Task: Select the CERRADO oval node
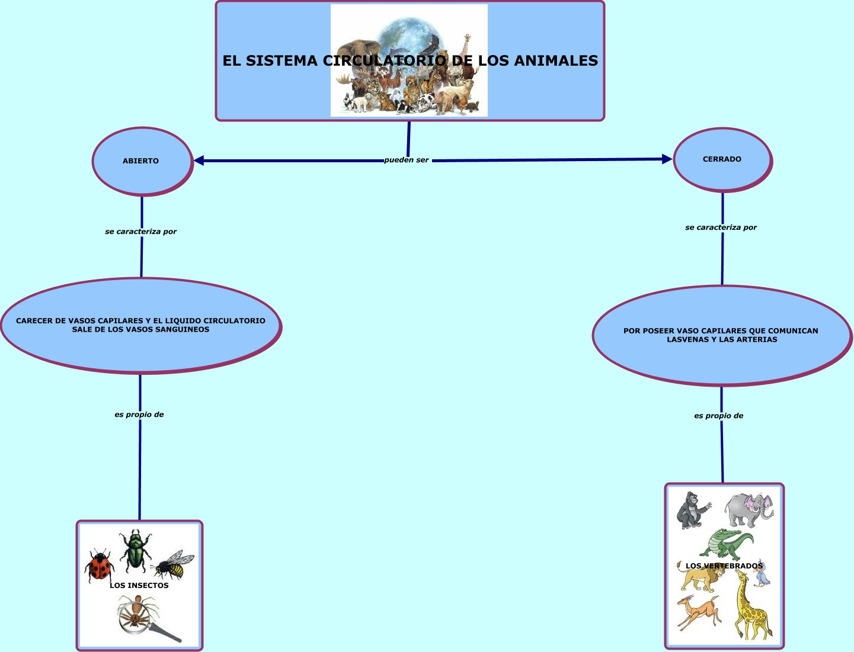(x=722, y=159)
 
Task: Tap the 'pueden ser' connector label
(x=407, y=160)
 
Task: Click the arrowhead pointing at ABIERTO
(x=199, y=160)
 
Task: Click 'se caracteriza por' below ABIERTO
(x=141, y=232)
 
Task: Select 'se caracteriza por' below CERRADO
(x=721, y=227)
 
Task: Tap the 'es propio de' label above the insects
(x=139, y=415)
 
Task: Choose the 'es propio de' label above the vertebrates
(x=718, y=416)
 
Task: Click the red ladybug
(x=100, y=566)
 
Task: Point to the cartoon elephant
(x=749, y=509)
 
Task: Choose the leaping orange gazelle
(x=698, y=613)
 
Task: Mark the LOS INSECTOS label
(x=139, y=586)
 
